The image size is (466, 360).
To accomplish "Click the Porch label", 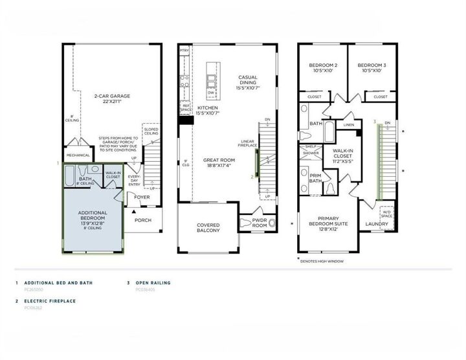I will [x=142, y=219].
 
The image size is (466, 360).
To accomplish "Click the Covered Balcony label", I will [x=208, y=228].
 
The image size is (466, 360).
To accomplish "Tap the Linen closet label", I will [x=348, y=124].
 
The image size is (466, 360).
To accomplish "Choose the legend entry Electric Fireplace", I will [x=50, y=301].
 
